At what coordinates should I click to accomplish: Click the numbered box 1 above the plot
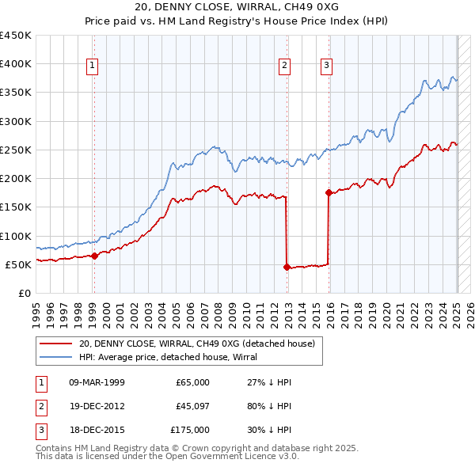coord(93,66)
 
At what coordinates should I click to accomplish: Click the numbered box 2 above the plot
coord(284,66)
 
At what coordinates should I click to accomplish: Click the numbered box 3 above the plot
coord(326,66)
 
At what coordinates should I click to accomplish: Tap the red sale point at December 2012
coord(287,267)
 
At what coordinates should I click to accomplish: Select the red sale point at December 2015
coord(329,192)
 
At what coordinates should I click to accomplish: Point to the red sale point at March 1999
coord(94,256)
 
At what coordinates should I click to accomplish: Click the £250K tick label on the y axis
coord(16,150)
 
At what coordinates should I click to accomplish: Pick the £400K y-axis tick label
coord(16,64)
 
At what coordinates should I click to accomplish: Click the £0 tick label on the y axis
coord(25,293)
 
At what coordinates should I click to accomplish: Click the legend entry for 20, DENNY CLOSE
coord(197,344)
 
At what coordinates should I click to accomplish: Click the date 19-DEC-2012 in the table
coord(97,406)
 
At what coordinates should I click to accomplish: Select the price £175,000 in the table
coord(190,430)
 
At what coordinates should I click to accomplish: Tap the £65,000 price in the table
coord(192,382)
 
